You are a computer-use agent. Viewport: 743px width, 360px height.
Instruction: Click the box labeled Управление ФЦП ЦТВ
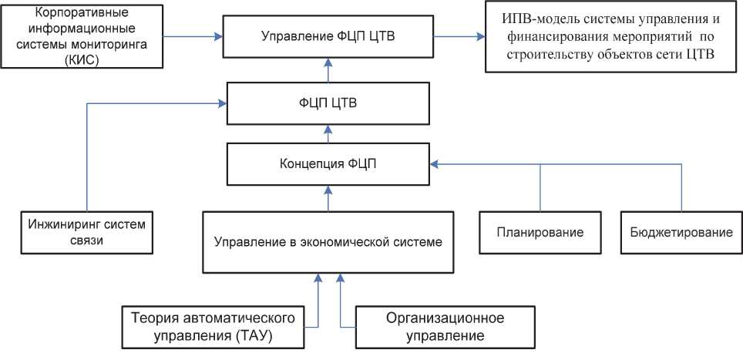point(328,37)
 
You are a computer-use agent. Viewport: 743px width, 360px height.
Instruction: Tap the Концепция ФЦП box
point(328,163)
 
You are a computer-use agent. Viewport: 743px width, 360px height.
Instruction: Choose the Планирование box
point(540,232)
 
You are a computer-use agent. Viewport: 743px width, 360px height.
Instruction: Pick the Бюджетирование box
point(681,232)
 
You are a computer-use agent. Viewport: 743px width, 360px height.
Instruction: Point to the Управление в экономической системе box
point(328,242)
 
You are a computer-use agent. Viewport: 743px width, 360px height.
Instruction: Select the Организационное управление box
point(435,327)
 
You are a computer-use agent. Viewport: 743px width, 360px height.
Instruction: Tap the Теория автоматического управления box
point(213,327)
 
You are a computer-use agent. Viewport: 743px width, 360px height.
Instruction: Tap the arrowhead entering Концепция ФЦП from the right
point(434,163)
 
